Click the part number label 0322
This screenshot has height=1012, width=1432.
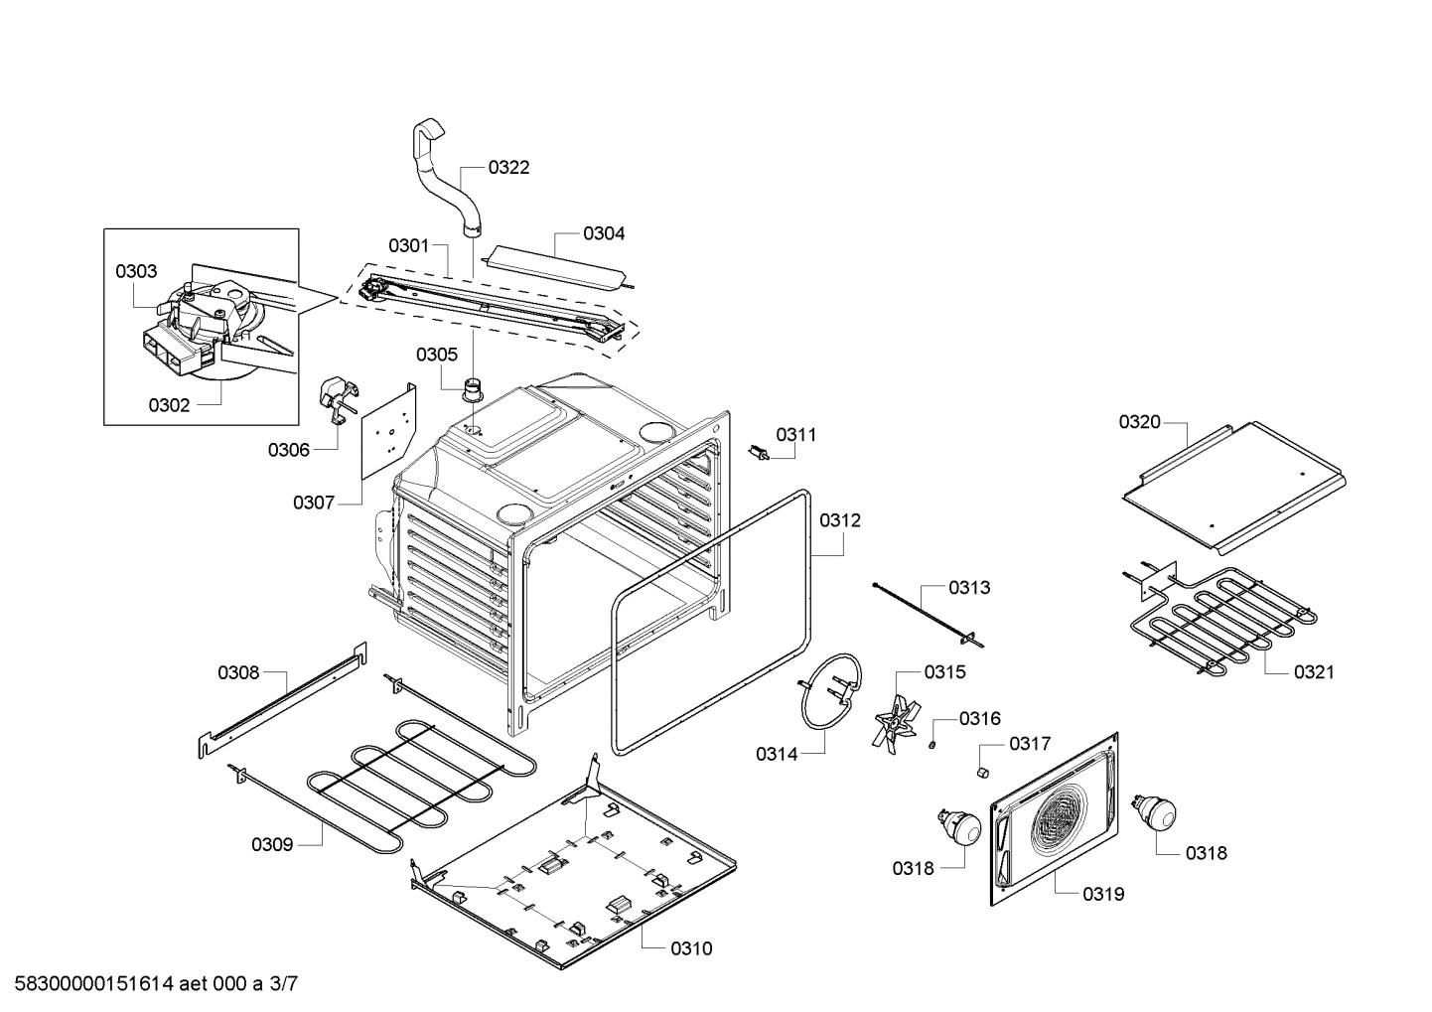tap(508, 167)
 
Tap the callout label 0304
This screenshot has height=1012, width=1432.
tap(604, 233)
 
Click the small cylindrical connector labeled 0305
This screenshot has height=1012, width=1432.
tap(475, 386)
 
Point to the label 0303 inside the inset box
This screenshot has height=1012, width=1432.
tap(136, 271)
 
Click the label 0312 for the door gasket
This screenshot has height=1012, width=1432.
tap(840, 520)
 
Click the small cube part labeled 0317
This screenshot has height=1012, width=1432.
tap(983, 771)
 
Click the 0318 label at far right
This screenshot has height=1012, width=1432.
tap(1206, 852)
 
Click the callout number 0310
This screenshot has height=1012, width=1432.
tap(691, 948)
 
